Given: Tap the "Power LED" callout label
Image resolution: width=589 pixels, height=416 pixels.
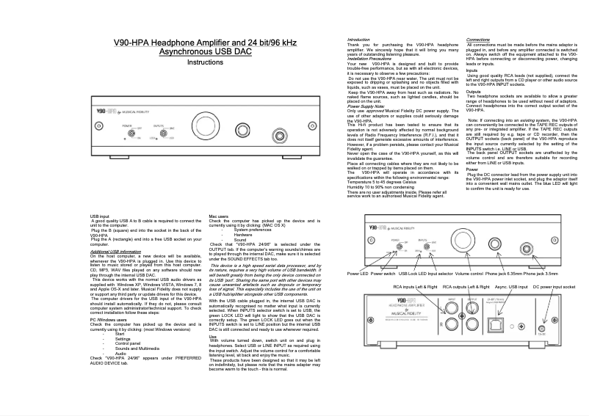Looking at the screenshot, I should coord(358,273).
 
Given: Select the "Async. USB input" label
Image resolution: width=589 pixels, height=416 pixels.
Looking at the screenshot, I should coord(511,287).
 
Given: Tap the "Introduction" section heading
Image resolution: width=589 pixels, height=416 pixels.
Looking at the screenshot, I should coord(358,39).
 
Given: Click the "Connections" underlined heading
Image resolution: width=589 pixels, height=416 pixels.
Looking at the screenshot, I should coord(478,39).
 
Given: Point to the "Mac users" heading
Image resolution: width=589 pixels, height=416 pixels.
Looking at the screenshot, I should coord(219,216).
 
